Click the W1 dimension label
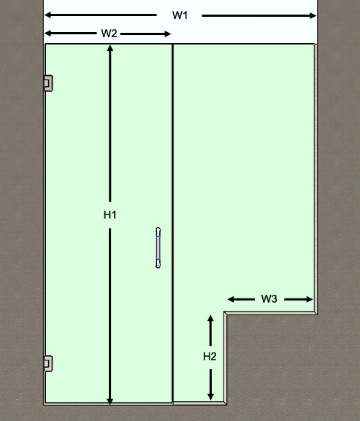(x=180, y=15)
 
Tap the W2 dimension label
(x=109, y=34)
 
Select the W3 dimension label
(x=269, y=299)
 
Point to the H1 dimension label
(x=110, y=215)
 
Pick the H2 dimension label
(x=210, y=357)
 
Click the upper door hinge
(x=48, y=83)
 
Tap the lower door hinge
(x=48, y=363)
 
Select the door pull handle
(x=158, y=247)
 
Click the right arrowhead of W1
(x=313, y=15)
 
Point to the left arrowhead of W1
(x=47, y=15)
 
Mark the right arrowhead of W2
(x=168, y=34)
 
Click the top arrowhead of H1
(x=110, y=48)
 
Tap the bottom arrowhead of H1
(x=110, y=401)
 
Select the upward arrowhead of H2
(x=210, y=318)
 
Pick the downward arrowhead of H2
(x=210, y=397)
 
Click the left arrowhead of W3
(x=231, y=299)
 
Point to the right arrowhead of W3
(x=310, y=299)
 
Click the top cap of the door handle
(x=158, y=230)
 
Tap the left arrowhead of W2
(x=47, y=34)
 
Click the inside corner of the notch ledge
(x=226, y=313)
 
